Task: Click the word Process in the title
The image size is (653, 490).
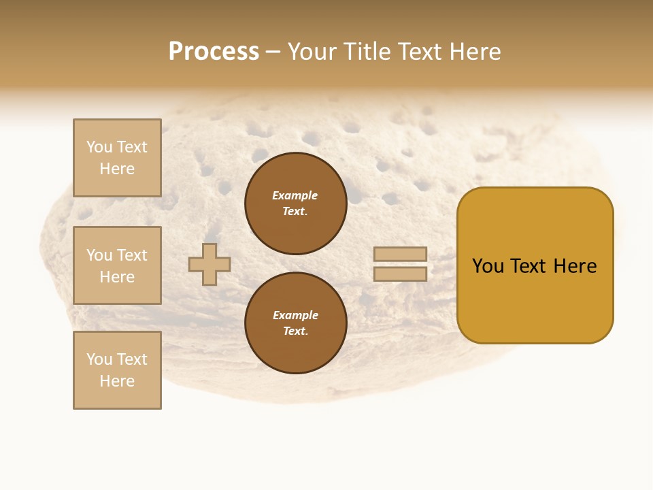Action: tap(214, 52)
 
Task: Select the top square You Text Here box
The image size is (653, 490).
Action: tap(117, 158)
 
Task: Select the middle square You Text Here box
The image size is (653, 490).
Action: tap(117, 265)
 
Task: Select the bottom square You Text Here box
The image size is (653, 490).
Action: tap(117, 370)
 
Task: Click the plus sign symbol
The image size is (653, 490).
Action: tap(210, 264)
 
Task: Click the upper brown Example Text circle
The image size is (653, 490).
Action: tap(296, 203)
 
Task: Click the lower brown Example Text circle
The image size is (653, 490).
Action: tap(296, 323)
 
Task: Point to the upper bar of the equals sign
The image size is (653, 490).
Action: tap(400, 255)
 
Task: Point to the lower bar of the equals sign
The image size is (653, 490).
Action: tap(400, 274)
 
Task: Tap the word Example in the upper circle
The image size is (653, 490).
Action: tap(295, 196)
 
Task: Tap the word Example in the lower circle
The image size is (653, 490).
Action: tap(295, 316)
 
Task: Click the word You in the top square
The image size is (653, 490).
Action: tap(99, 147)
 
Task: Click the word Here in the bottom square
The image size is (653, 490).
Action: tap(117, 381)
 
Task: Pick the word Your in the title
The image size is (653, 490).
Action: tap(310, 52)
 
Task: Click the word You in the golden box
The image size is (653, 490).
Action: tap(488, 266)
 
